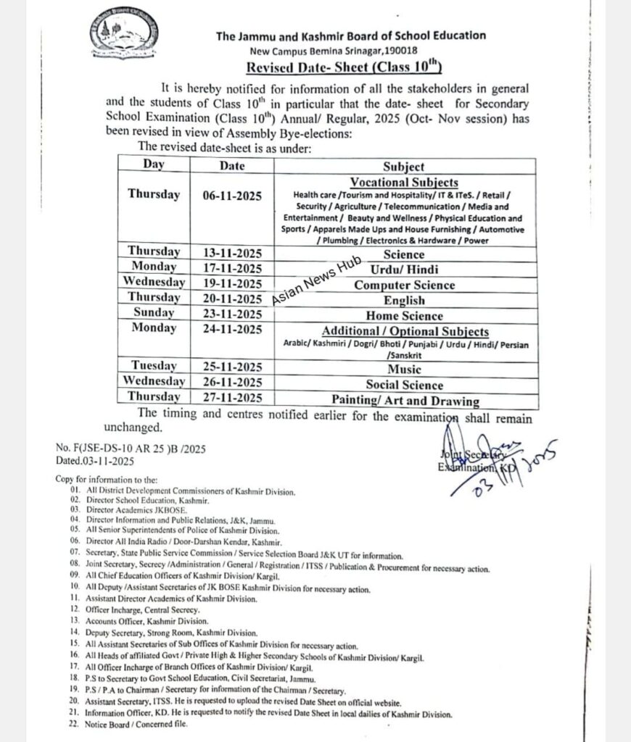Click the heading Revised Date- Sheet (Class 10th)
[344, 68]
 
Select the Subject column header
[404, 167]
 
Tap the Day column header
[154, 164]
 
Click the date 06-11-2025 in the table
[232, 195]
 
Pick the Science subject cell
[404, 254]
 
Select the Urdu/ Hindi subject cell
[404, 270]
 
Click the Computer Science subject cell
[404, 285]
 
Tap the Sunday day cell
[154, 313]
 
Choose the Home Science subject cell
[404, 315]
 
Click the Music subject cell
[404, 370]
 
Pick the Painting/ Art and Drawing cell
[405, 400]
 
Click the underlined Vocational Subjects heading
[404, 182]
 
